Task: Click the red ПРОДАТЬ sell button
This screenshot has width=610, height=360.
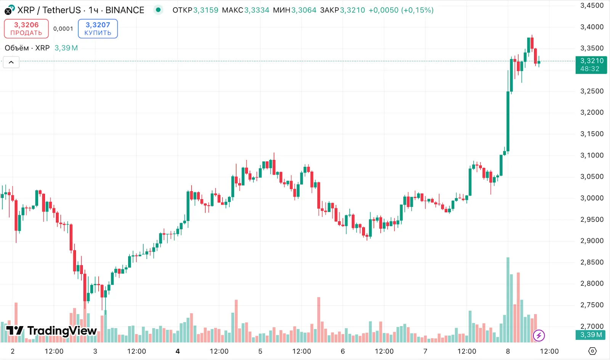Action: [x=26, y=29]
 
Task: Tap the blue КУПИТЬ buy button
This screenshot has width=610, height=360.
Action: [x=98, y=29]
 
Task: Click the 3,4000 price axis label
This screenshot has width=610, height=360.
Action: [x=592, y=27]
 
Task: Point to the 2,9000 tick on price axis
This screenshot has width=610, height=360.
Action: [x=592, y=241]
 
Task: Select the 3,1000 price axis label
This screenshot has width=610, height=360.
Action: [x=592, y=155]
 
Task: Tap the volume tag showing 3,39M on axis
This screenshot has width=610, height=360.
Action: [x=591, y=335]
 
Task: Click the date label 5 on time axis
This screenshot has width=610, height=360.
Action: [x=260, y=351]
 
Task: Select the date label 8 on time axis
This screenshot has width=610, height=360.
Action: [x=508, y=351]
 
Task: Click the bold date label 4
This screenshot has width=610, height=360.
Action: [x=178, y=351]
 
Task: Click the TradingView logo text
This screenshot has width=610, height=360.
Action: [x=62, y=331]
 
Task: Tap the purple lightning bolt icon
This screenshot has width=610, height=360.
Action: [x=539, y=336]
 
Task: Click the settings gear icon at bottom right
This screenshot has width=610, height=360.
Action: [x=592, y=351]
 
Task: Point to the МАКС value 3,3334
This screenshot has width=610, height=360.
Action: [x=257, y=10]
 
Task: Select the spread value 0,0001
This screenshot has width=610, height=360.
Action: [x=63, y=29]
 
